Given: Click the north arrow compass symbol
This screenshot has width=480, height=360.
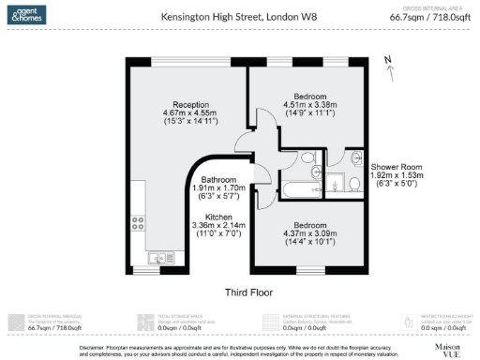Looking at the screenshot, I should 388,64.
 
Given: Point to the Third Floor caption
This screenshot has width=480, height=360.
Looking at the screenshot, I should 248,292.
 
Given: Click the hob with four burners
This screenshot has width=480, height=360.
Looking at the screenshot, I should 138,224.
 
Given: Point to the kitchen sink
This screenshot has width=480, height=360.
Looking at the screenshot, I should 156,256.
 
